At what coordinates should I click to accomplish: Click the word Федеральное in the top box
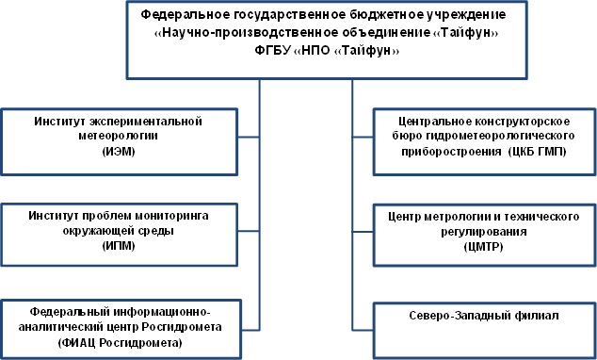(184, 16)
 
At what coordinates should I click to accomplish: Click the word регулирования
(483, 230)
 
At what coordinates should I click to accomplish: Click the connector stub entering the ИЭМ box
(247, 137)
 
